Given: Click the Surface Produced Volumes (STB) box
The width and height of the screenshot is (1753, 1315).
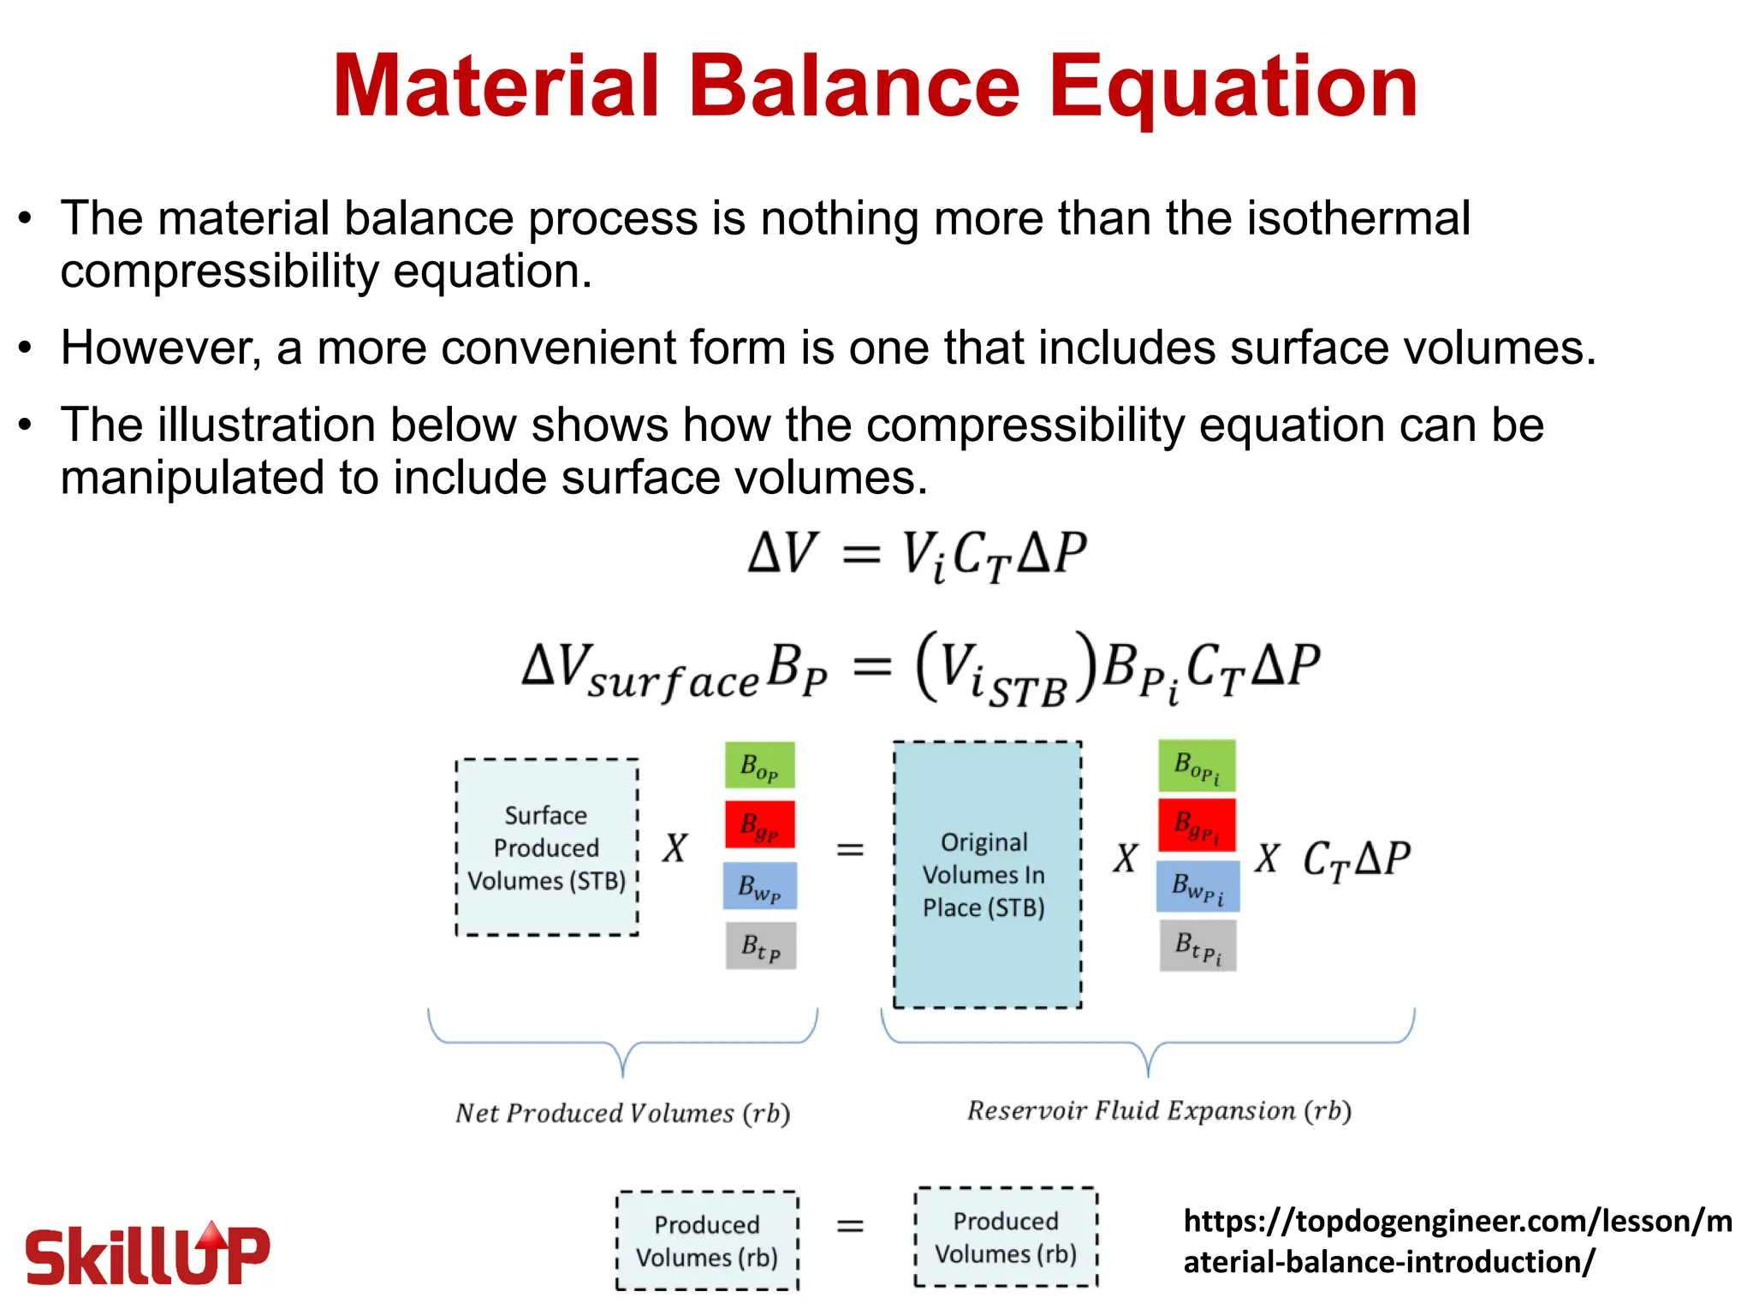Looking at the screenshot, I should [x=547, y=848].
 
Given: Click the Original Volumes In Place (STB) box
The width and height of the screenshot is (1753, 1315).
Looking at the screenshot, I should [x=986, y=875].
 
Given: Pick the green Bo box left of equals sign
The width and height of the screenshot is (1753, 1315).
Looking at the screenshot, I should [x=759, y=765].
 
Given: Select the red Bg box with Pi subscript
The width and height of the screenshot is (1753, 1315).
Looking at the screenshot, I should [x=1197, y=825].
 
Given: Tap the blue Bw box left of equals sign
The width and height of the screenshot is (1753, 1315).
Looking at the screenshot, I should [x=759, y=886].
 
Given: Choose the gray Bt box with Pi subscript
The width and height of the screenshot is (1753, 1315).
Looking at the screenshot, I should [x=1197, y=946].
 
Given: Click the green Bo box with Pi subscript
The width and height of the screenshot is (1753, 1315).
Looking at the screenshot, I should [x=1197, y=765].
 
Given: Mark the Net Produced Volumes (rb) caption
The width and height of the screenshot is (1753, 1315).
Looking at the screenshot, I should [x=622, y=1113].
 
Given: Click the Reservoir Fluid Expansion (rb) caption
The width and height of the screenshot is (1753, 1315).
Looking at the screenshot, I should [x=1159, y=1110].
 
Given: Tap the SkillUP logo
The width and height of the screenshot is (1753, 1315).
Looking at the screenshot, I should [x=147, y=1254].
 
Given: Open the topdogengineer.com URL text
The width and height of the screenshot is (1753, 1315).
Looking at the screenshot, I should [x=1457, y=1241].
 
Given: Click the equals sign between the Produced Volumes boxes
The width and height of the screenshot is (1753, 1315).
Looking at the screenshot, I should [x=850, y=1227].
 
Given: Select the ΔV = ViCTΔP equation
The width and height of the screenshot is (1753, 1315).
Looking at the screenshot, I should [x=918, y=554].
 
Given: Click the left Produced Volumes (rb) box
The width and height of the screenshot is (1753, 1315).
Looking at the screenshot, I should [x=707, y=1241].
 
